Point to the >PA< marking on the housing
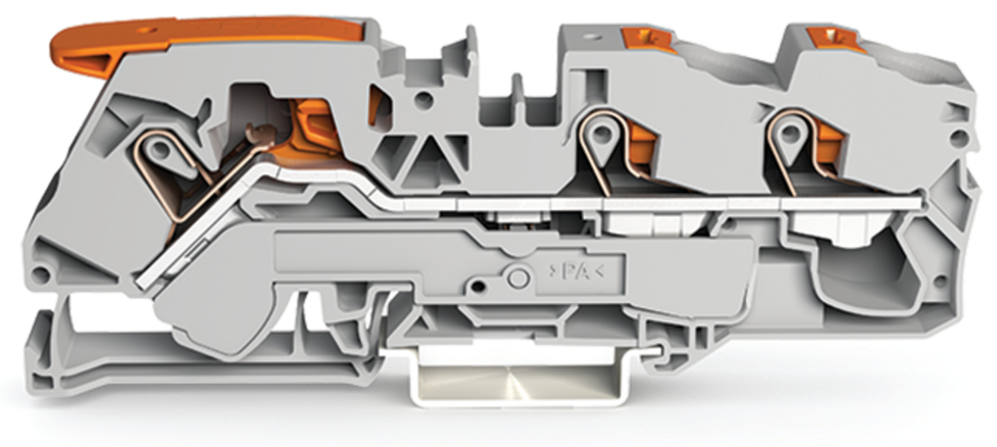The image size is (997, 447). click(576, 272)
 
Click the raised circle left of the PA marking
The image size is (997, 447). click(518, 277)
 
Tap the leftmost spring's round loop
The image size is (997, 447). click(161, 149)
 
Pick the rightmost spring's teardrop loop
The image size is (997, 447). click(790, 134)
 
